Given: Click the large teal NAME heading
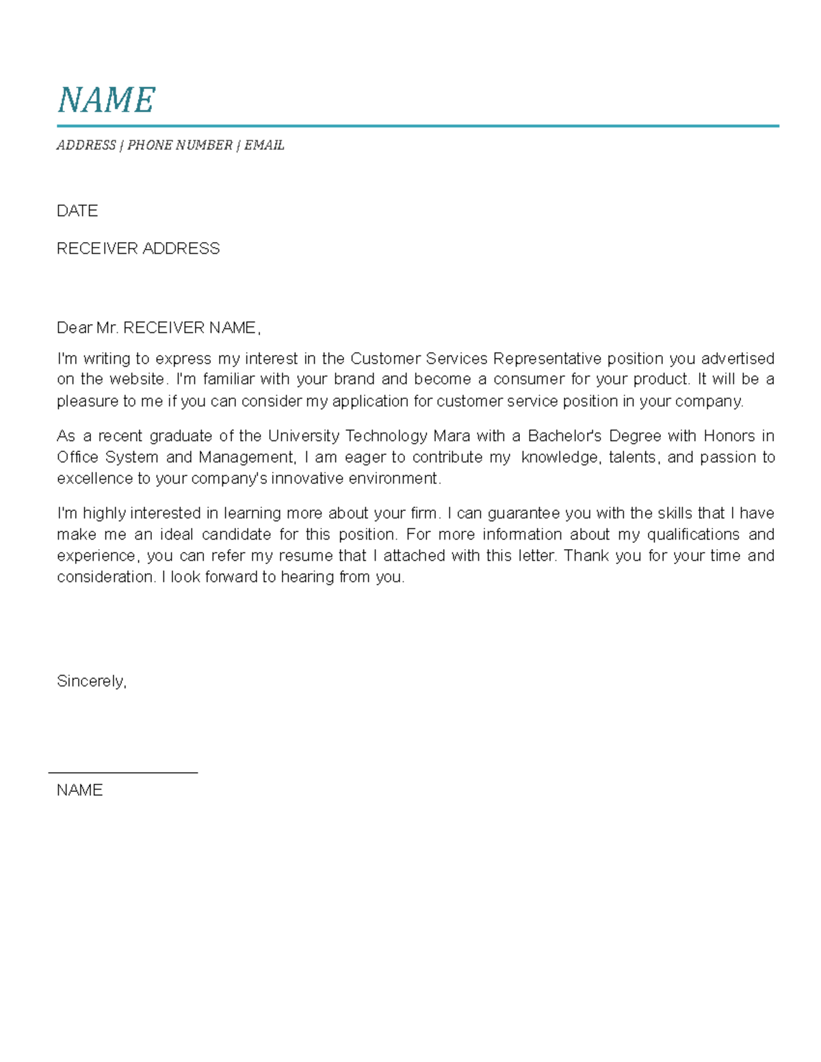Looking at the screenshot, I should pos(107,101).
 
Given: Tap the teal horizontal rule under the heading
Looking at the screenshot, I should pos(417,127).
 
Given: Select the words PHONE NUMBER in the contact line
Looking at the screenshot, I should pos(180,145).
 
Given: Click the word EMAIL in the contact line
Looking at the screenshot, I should pos(264,145).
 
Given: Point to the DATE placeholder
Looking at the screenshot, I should pos(77,211).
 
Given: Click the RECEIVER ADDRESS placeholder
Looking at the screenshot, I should pos(138,248).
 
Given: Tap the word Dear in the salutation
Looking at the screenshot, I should pos(74,328).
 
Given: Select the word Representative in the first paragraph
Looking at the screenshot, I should pos(547,358).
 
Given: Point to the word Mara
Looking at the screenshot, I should pos(452,436).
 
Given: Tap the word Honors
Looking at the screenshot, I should pos(729,436).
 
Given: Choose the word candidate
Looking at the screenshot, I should pos(236,534).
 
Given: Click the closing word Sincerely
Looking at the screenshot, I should pos(90,681).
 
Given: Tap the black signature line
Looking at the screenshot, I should pos(123,773).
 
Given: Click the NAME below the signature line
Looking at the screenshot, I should pos(79,790).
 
